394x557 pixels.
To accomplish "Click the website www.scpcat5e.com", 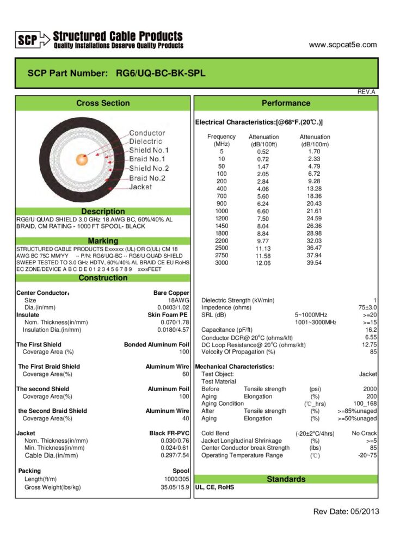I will pos(342,45).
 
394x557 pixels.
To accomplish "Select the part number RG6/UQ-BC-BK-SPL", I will pos(161,73).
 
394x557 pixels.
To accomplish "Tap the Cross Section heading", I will pos(103,103).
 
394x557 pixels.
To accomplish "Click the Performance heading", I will pos(286,103).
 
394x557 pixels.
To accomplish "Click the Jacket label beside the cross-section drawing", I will pos(140,187).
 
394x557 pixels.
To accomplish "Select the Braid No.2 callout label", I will pos(147,178).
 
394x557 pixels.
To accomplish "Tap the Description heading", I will pos(103,211).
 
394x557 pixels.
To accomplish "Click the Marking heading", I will pos(103,240).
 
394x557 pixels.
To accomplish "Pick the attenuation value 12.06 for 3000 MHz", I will pos(263,263).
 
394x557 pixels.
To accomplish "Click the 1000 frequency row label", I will pos(221,211).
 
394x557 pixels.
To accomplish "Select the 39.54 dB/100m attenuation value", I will pos(315,263).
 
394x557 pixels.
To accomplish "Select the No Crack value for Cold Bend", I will pos(364,433).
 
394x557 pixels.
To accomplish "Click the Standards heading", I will pos(286,479).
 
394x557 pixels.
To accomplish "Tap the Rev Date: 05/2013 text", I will pos(346,511).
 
